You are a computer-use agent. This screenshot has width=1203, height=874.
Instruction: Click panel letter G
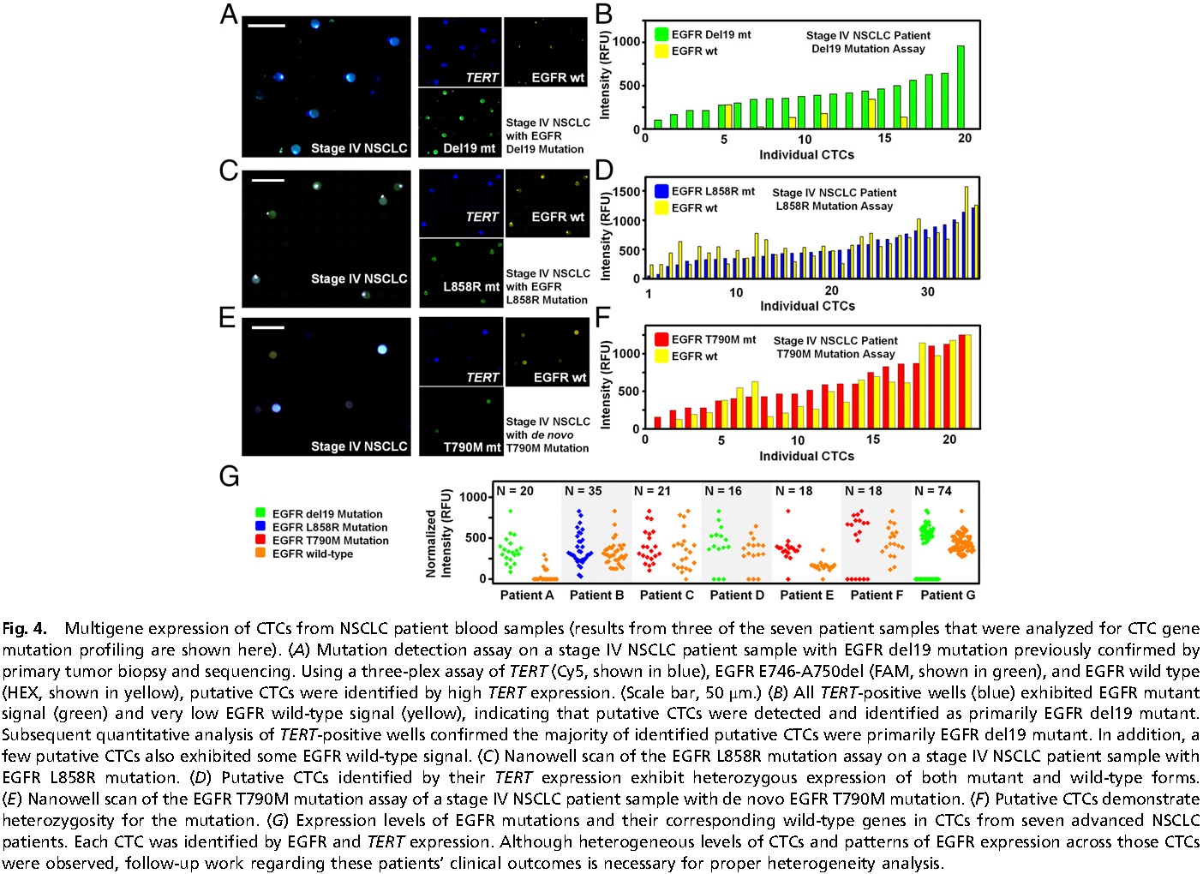point(229,476)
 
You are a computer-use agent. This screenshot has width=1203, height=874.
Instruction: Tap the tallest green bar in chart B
point(961,87)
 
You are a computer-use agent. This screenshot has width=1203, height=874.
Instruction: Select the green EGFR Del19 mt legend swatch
point(661,34)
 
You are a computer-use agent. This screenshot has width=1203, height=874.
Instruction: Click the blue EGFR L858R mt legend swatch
point(661,191)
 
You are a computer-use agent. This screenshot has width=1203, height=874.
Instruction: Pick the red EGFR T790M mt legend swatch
point(661,339)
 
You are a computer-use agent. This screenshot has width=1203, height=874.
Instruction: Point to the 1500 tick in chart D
point(627,192)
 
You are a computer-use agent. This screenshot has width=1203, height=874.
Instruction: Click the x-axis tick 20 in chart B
point(965,139)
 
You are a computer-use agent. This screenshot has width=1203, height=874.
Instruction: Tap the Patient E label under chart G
point(806,595)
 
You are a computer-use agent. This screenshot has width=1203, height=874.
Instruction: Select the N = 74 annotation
point(933,491)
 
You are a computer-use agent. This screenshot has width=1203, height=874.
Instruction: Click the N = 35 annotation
point(584,491)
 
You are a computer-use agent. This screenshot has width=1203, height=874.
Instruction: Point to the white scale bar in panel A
point(266,26)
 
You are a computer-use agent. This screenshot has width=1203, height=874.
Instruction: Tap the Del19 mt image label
point(470,148)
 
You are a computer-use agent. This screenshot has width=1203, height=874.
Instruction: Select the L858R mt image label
point(471,286)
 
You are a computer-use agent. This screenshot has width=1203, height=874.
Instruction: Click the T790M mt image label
point(472,447)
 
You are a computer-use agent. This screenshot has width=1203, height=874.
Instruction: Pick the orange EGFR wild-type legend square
point(260,554)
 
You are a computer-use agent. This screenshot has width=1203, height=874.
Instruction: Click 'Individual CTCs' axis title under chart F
point(806,456)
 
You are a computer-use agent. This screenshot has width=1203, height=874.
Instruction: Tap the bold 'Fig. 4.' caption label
point(25,629)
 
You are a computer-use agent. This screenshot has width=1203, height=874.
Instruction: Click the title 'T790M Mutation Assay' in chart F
point(835,354)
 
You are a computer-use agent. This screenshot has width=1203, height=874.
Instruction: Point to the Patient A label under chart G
point(527,595)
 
